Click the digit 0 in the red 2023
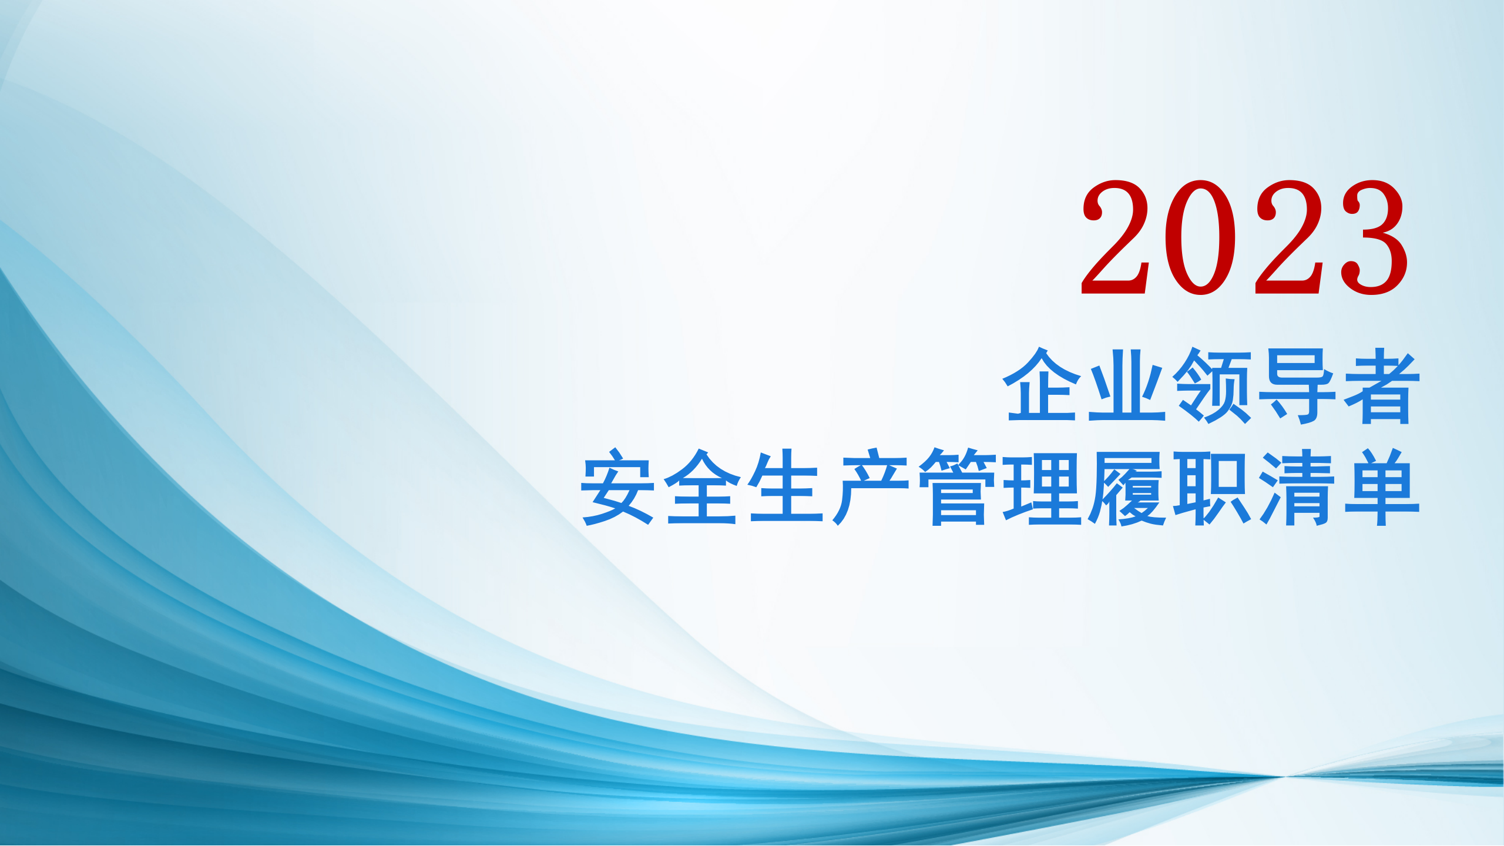pos(1201,237)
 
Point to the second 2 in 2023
pos(1288,237)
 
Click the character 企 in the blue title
pos(1042,385)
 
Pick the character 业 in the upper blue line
pos(1126,385)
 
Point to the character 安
pos(617,486)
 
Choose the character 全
pos(702,486)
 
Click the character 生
pos(787,486)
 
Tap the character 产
pos(871,486)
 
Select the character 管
pos(957,486)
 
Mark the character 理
pos(1042,486)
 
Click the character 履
pos(1126,486)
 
